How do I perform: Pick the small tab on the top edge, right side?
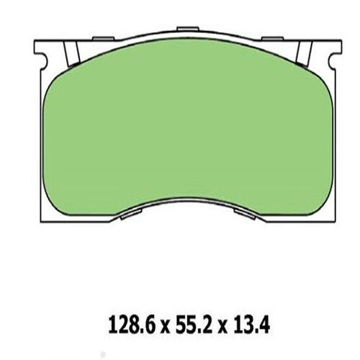tap(271, 37)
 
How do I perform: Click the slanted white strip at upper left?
tap(71, 53)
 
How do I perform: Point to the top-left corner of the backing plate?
tap(35, 35)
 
